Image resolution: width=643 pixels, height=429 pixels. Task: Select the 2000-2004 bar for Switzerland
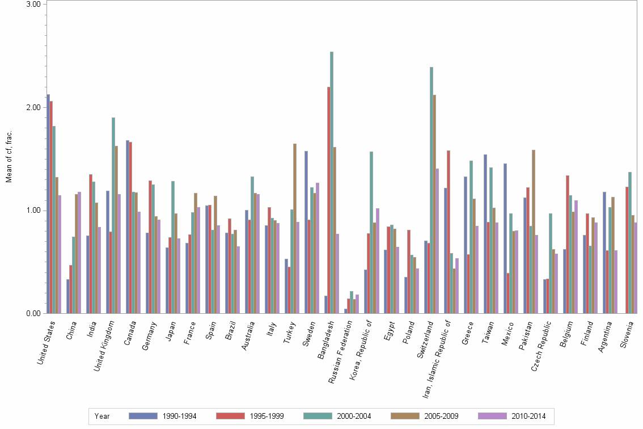(x=432, y=190)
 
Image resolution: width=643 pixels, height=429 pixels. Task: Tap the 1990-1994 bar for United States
(x=48, y=204)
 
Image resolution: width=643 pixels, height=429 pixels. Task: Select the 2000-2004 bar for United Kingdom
(x=113, y=216)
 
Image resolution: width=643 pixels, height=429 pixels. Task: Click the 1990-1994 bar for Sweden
(x=306, y=232)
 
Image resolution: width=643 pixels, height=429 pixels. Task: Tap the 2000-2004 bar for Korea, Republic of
(x=371, y=233)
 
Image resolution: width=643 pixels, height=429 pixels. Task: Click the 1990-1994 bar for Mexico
(x=505, y=238)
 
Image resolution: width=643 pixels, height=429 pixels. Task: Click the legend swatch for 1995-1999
(x=231, y=416)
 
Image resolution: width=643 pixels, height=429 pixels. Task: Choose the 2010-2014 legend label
(x=528, y=417)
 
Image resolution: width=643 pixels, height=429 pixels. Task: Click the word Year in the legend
(x=102, y=417)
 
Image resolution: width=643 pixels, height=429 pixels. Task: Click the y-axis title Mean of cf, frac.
(x=9, y=156)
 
